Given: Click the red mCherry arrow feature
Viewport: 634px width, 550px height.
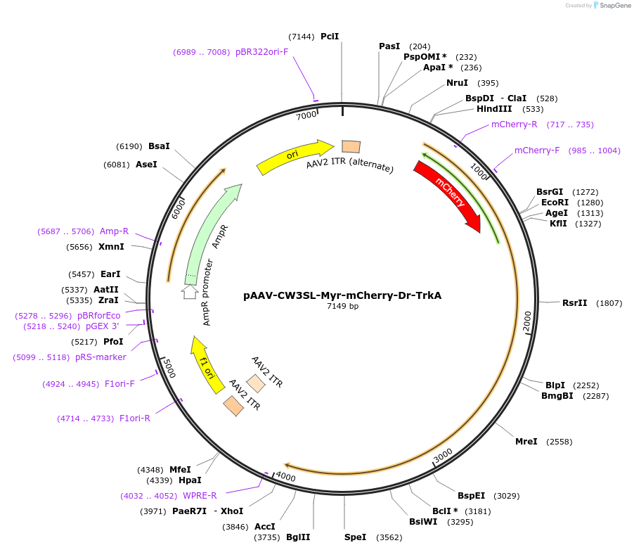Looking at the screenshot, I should [x=448, y=195].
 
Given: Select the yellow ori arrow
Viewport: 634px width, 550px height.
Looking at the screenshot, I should [x=295, y=157].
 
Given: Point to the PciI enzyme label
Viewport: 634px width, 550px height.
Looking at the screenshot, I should [x=330, y=36].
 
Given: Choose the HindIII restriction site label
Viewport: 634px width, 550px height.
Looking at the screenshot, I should [x=495, y=109].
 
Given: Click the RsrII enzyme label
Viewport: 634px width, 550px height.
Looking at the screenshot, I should [x=574, y=303].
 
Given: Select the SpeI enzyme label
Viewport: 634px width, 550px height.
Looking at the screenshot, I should [x=355, y=537].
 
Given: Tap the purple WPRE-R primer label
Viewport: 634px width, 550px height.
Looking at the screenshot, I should [x=200, y=496].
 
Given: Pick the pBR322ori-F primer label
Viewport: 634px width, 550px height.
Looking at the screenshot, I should [x=261, y=52].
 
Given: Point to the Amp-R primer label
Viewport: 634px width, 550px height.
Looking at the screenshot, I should [x=114, y=231].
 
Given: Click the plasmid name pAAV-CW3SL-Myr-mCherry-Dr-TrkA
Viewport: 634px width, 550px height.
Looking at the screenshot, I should [x=342, y=295].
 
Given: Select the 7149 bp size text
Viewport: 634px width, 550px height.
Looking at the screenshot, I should [x=342, y=307].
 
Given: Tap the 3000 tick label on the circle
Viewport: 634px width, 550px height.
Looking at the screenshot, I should [x=443, y=456].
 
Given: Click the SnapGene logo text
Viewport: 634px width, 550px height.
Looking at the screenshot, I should [x=615, y=6].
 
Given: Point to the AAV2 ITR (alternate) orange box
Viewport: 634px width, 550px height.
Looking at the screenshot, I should [x=351, y=146].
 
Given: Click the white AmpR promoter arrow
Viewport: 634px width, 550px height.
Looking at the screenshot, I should [x=190, y=291].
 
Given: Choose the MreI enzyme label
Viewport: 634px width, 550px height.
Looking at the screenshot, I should [x=526, y=442].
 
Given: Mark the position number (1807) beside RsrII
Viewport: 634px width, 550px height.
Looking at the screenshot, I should [x=609, y=303].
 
